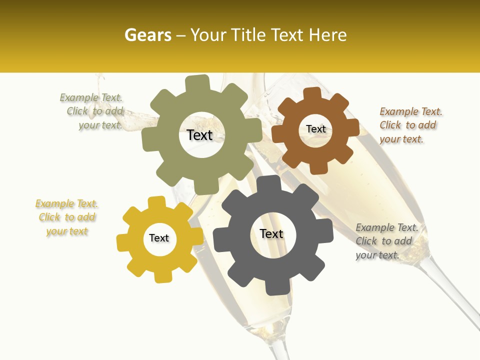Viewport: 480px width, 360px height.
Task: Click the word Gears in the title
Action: click(x=147, y=35)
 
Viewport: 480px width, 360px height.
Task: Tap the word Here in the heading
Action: click(x=329, y=35)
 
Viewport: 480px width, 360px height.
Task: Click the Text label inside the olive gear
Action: click(x=199, y=135)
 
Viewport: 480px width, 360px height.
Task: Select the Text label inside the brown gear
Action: click(x=315, y=129)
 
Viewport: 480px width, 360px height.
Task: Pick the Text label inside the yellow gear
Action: click(x=159, y=238)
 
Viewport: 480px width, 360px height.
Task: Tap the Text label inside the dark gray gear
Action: click(x=271, y=234)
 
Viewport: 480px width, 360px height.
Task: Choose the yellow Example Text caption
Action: click(x=67, y=217)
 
